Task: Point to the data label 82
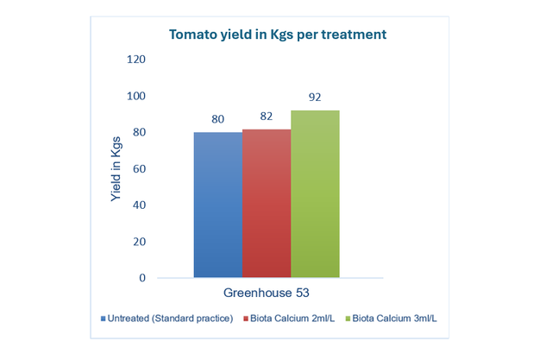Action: [x=266, y=116]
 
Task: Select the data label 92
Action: [x=315, y=98]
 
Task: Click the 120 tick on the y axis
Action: [x=136, y=60]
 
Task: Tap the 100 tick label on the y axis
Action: [x=136, y=96]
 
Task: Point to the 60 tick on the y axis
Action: [x=139, y=169]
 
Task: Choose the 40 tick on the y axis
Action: [x=139, y=205]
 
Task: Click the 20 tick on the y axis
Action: [x=139, y=242]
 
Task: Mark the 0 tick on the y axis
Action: [x=142, y=278]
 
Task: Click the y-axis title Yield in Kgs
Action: [x=116, y=169]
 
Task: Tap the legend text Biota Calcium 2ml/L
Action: [x=292, y=319]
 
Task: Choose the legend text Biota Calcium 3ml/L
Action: [x=394, y=319]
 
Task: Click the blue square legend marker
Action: [x=103, y=319]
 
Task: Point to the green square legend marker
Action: [x=345, y=319]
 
